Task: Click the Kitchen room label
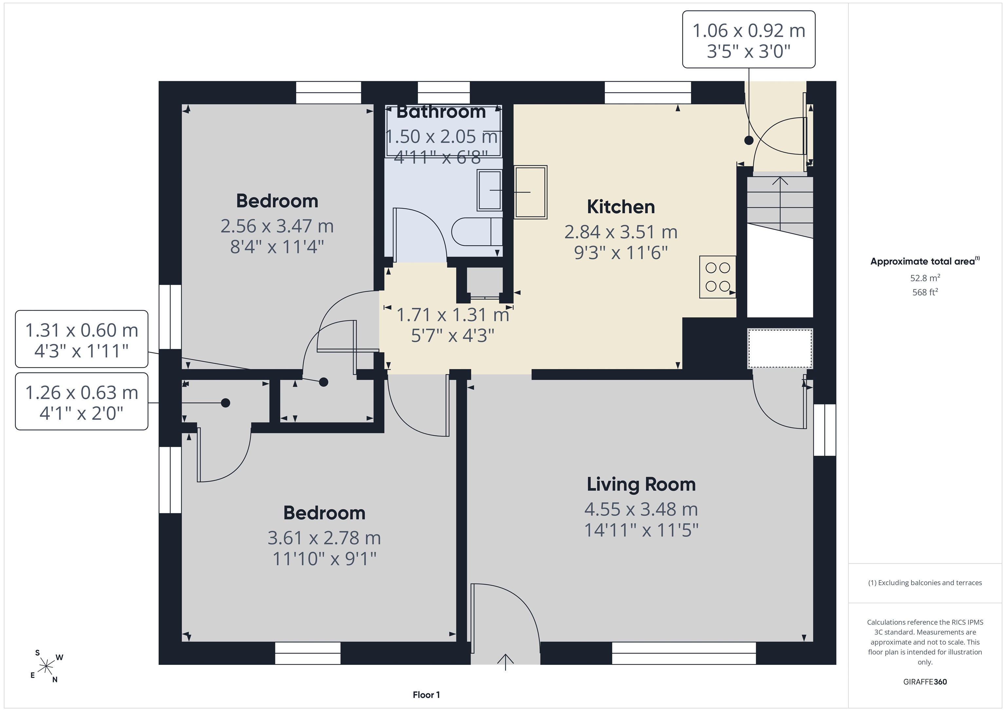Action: [x=621, y=207]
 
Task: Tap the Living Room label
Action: [x=641, y=484]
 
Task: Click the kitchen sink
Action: [x=531, y=192]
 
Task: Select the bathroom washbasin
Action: [x=490, y=191]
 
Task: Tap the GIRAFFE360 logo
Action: [x=925, y=682]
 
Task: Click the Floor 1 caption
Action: [x=426, y=695]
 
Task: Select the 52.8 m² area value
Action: [x=925, y=278]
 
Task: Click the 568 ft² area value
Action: [x=925, y=292]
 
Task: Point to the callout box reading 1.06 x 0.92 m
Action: [x=749, y=39]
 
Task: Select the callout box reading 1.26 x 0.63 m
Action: [x=82, y=401]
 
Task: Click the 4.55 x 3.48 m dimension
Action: [x=641, y=509]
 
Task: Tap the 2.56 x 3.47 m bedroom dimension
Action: [x=277, y=226]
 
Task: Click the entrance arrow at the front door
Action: [x=506, y=662]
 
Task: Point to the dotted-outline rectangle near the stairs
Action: [x=780, y=349]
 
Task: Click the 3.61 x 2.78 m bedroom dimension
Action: [x=324, y=538]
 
